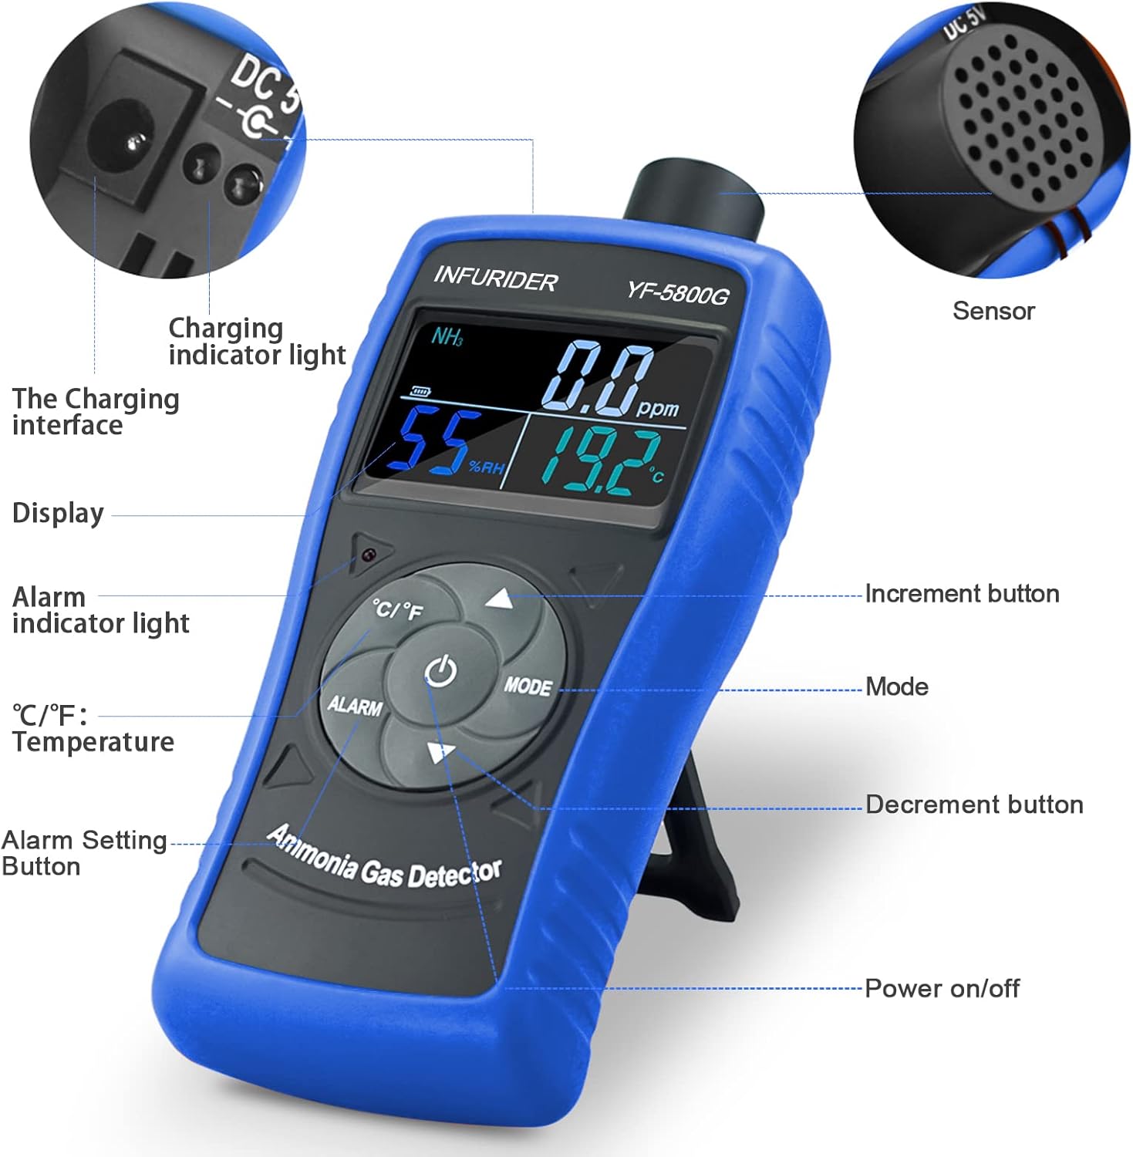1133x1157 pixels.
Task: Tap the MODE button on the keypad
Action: [x=528, y=686]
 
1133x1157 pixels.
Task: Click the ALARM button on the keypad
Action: [x=355, y=705]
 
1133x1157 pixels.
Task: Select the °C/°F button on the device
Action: [x=398, y=610]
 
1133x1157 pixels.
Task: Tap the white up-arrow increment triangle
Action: [x=500, y=599]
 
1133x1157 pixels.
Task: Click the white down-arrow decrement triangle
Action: [x=440, y=752]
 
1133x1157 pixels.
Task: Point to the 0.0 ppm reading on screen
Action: [x=609, y=379]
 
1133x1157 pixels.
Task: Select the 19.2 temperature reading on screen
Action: [x=605, y=461]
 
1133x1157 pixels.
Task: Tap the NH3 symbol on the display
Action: [x=447, y=336]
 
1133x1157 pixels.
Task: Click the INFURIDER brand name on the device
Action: [x=495, y=278]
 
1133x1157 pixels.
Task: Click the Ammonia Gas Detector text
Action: [x=384, y=858]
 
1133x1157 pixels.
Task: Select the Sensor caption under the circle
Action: [x=993, y=311]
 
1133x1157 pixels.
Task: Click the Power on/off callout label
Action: [x=942, y=988]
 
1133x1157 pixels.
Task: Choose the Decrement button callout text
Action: [x=974, y=805]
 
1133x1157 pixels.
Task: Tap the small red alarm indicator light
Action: [x=369, y=554]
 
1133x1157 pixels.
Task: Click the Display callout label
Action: [x=58, y=514]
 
